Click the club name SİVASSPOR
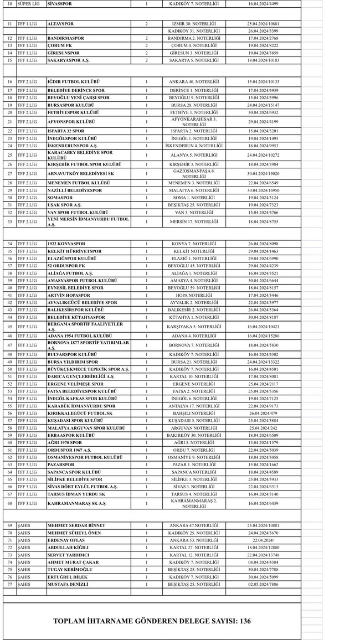click(60, 3)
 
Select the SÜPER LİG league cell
click(29, 3)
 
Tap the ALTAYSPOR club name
click(60, 24)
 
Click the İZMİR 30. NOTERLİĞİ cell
click(194, 24)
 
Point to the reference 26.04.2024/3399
click(263, 31)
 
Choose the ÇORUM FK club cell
click(60, 45)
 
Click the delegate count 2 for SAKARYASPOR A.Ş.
click(146, 60)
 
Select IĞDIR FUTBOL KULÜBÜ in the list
click(73, 81)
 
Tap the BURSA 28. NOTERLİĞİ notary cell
click(194, 105)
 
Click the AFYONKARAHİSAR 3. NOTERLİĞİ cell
click(194, 122)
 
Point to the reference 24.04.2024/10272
click(263, 155)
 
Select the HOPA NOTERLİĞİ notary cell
click(194, 295)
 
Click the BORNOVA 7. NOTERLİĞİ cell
click(194, 345)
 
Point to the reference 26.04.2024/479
click(263, 413)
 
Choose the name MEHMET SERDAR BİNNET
click(76, 525)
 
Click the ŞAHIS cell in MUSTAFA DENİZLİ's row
click(23, 584)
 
